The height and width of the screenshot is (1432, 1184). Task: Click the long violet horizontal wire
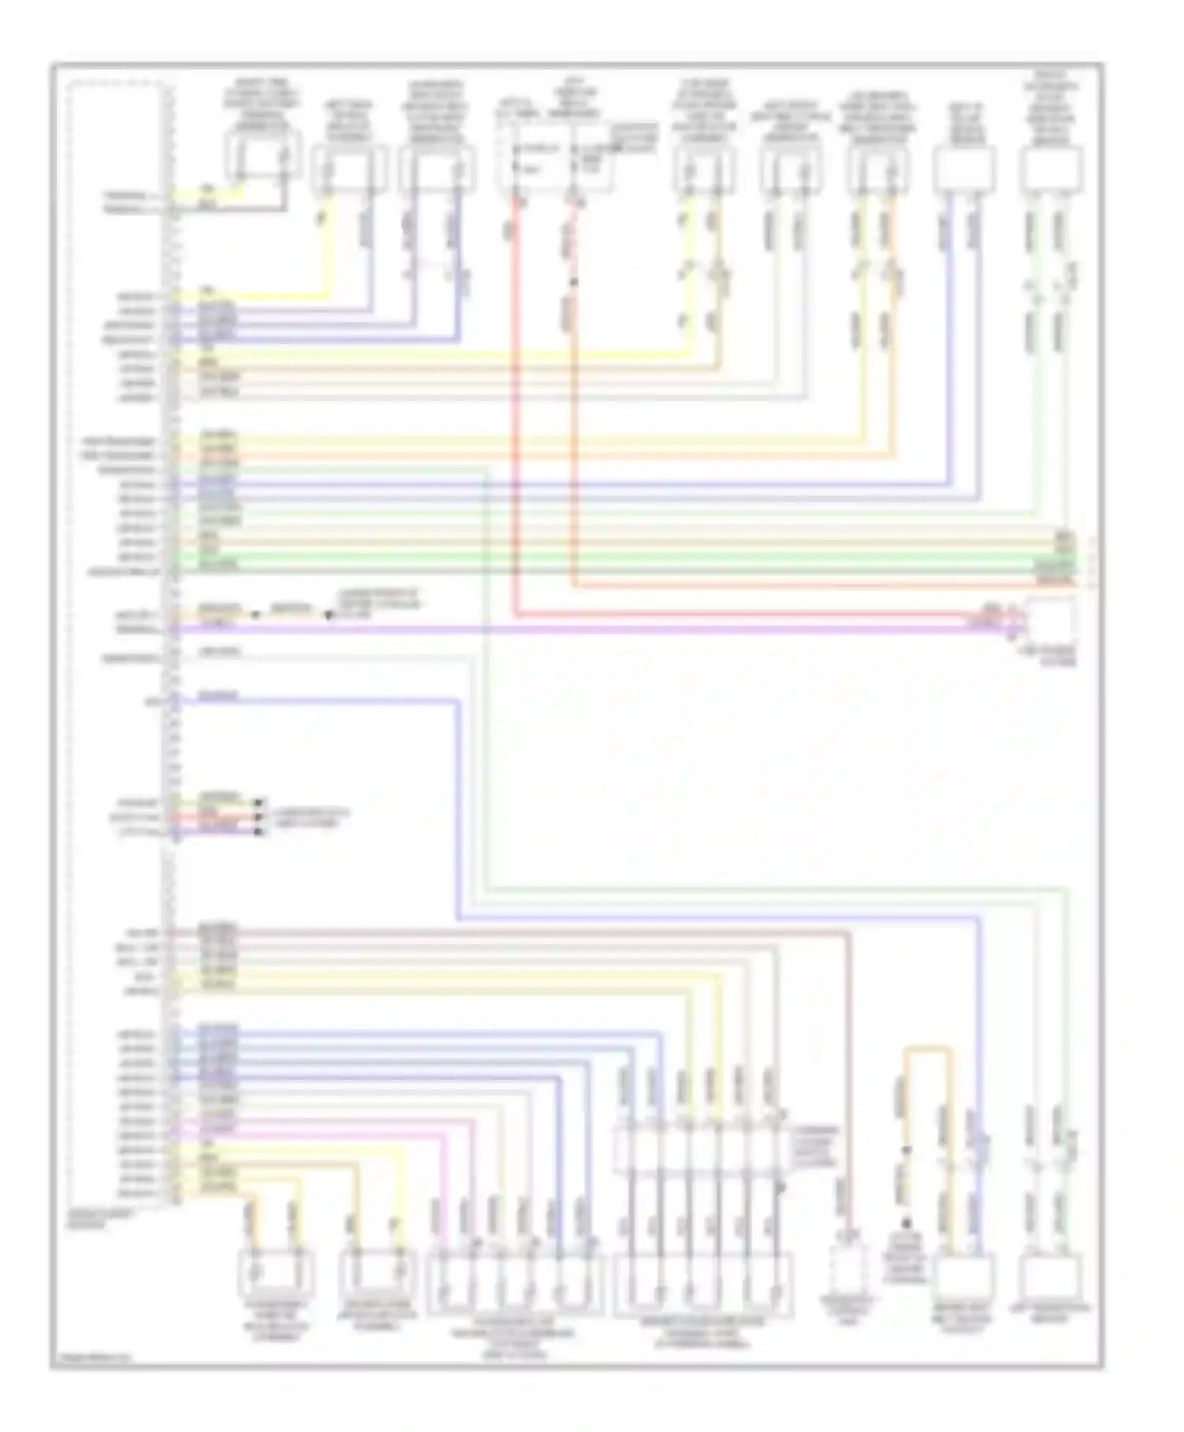600,629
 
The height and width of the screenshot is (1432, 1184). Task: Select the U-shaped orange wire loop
927,1051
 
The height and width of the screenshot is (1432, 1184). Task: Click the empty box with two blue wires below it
964,171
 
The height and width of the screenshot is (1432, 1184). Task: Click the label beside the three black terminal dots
308,817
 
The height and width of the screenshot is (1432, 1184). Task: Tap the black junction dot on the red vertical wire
574,282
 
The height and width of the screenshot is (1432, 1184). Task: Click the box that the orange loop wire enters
963,1278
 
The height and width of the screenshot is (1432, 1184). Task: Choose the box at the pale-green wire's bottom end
1051,1278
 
